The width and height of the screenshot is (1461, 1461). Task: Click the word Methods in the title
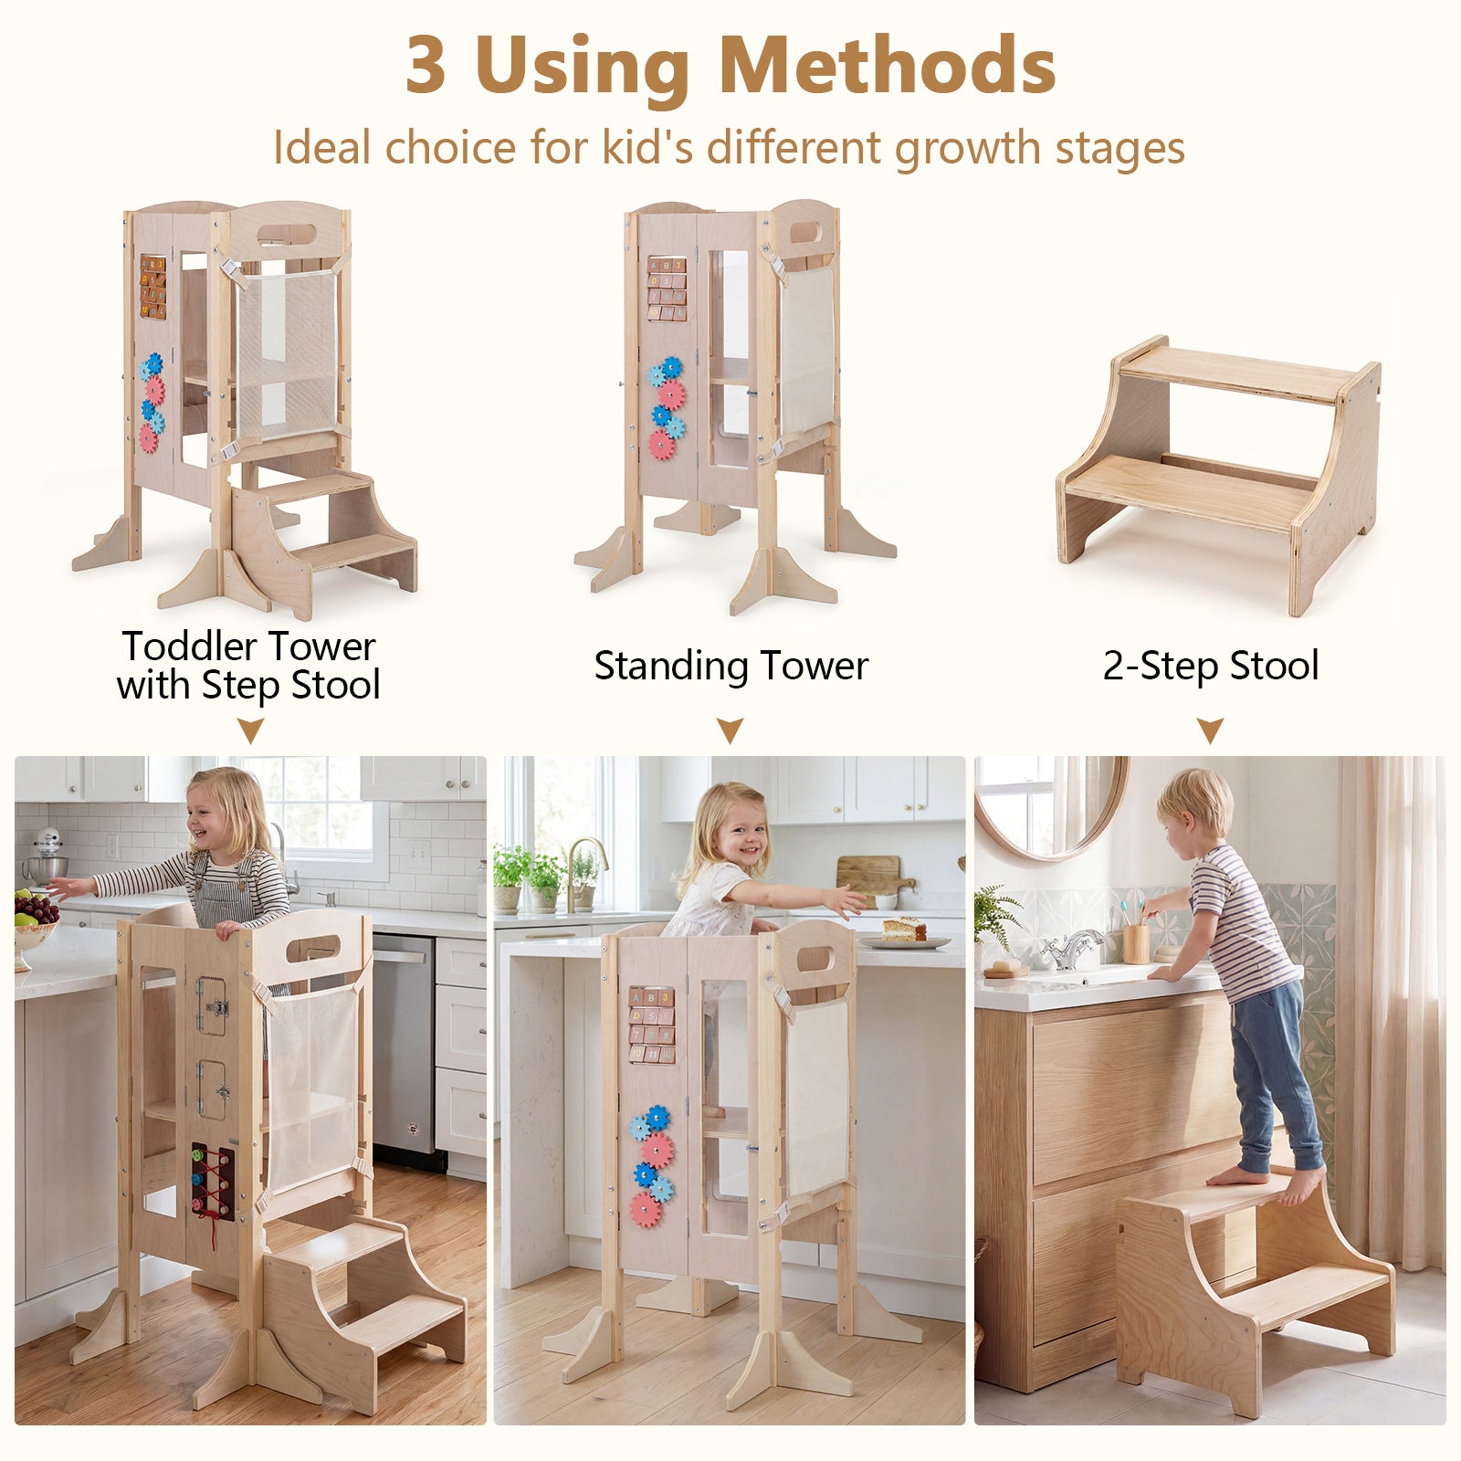(888, 66)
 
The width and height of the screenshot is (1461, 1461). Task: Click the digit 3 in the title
(426, 66)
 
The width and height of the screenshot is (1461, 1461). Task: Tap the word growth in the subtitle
(968, 149)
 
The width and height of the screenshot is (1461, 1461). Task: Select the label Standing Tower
(730, 666)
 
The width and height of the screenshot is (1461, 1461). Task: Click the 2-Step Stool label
(1211, 666)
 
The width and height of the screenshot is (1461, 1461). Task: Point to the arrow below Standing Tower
(730, 730)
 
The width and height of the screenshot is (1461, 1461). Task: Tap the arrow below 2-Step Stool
(1211, 730)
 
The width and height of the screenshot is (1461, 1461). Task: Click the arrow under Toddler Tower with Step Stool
(250, 730)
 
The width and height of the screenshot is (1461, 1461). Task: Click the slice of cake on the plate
(904, 930)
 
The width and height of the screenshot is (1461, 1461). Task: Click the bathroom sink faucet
(1074, 949)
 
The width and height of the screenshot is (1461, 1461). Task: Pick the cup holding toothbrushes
(1136, 942)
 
